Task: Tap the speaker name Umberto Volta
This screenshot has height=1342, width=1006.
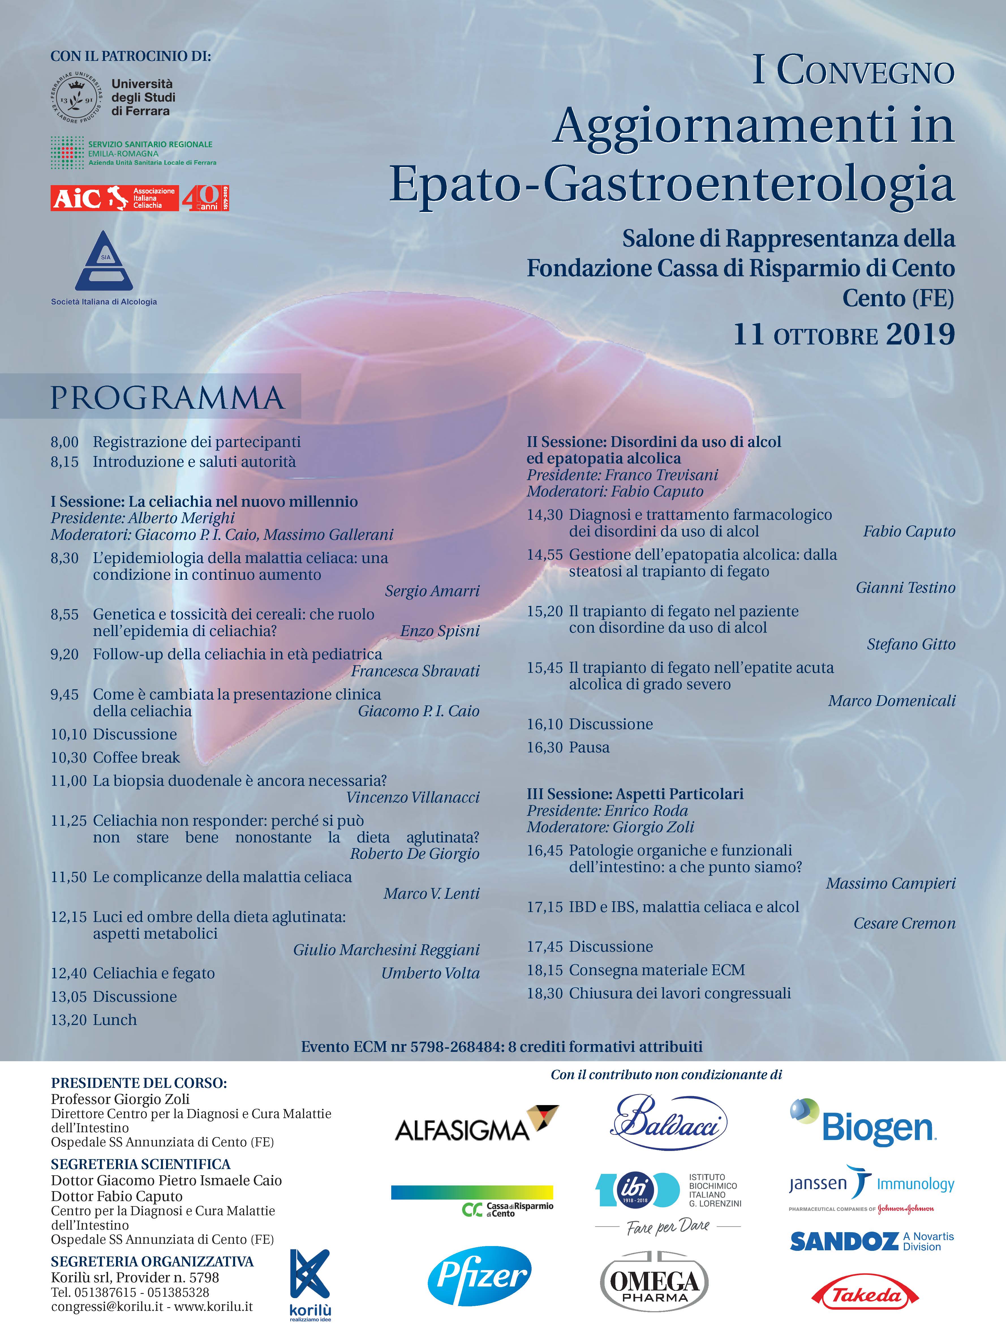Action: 430,973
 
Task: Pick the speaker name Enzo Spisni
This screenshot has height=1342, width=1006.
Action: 440,631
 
